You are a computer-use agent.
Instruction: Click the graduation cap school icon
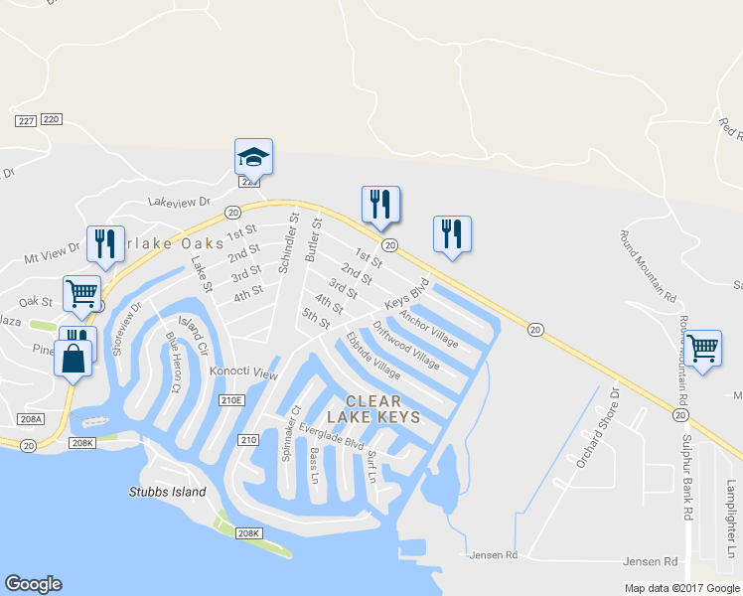253,156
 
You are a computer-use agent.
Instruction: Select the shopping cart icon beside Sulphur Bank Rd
703,348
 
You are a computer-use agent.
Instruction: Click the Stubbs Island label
167,492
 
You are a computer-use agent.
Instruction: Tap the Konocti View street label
243,372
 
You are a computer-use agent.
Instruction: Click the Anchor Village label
429,329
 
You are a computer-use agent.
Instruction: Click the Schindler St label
287,242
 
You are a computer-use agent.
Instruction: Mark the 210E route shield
231,399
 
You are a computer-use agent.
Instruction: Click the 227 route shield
26,120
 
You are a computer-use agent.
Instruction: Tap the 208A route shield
33,419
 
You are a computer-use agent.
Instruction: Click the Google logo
32,584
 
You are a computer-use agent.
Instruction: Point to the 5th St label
316,321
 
